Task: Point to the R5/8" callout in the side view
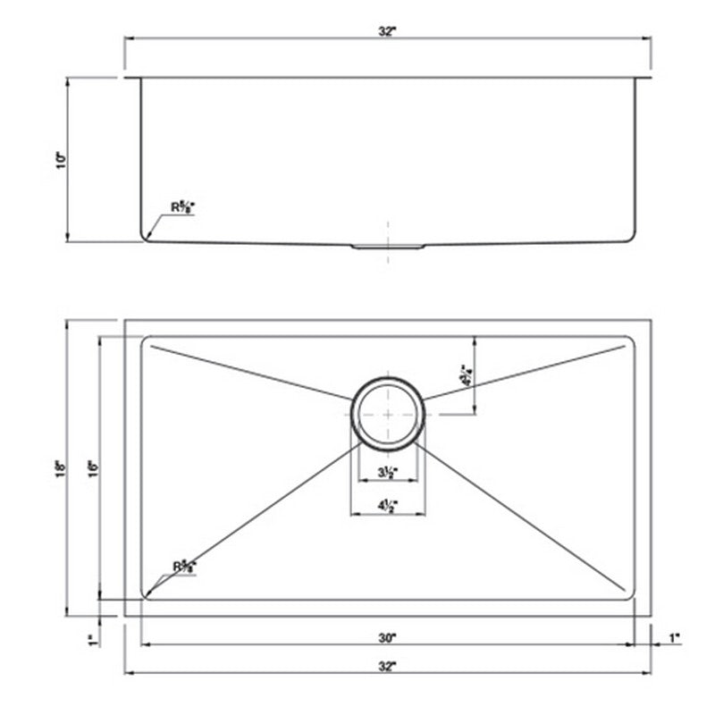[x=182, y=207]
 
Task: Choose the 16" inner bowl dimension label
[x=91, y=467]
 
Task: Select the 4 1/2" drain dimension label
[x=387, y=506]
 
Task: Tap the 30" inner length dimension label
[x=386, y=638]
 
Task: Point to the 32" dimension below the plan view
[x=386, y=666]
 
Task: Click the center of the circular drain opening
[x=388, y=411]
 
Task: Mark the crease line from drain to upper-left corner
[x=250, y=372]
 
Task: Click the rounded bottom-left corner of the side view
[x=145, y=236]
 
